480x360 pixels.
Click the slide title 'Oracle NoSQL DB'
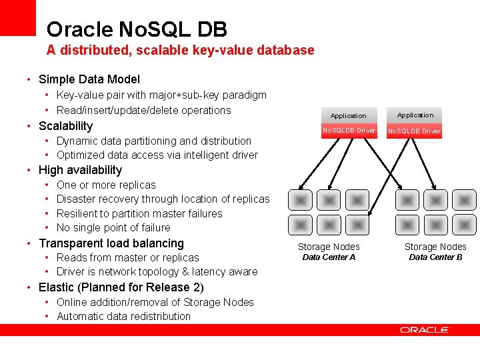pos(137,29)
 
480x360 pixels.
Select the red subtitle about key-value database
pos(180,50)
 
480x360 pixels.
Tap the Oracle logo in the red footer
pos(424,329)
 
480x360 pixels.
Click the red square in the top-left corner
pos(17,17)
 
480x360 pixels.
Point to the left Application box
pos(348,115)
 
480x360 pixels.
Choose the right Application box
pos(415,115)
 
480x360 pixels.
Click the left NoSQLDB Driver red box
pos(348,130)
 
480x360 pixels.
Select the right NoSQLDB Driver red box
pos(414,131)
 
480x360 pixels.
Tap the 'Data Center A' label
pos(329,257)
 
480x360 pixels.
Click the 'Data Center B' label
pos(435,257)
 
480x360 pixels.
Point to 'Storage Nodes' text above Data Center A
pos(329,247)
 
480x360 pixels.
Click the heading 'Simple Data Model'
pos(89,79)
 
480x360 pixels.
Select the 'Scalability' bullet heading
pos(65,126)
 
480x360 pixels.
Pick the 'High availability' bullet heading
pos(80,170)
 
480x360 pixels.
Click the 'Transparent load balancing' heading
pos(111,243)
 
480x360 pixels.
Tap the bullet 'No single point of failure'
pos(113,227)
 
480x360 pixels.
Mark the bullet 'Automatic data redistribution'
pos(123,316)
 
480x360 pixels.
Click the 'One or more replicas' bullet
pos(106,185)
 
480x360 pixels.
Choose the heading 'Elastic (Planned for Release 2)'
pos(121,287)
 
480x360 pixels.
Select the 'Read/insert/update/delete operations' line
pos(143,110)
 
